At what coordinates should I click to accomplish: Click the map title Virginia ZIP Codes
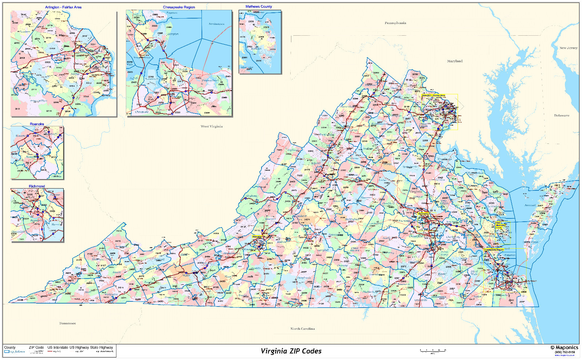[x=291, y=351]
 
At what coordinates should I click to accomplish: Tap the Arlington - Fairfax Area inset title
[x=63, y=7]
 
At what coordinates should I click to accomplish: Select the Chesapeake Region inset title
[x=179, y=7]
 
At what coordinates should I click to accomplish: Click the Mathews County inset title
[x=259, y=7]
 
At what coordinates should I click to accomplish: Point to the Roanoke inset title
[x=37, y=124]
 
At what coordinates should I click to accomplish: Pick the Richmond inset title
[x=37, y=186]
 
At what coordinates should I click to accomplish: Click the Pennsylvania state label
[x=395, y=23]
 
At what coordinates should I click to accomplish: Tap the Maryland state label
[x=455, y=61]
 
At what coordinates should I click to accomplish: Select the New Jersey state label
[x=568, y=48]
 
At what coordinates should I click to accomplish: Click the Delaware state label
[x=562, y=115]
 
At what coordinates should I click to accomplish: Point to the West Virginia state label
[x=212, y=127]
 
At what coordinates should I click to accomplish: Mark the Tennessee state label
[x=68, y=323]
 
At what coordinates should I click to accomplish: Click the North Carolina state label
[x=303, y=329]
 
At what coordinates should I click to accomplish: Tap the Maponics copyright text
[x=564, y=348]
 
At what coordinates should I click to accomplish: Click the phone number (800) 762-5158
[x=565, y=352]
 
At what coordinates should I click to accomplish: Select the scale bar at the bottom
[x=432, y=351]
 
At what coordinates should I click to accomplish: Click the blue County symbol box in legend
[x=7, y=352]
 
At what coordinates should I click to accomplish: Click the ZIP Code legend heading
[x=36, y=348]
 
